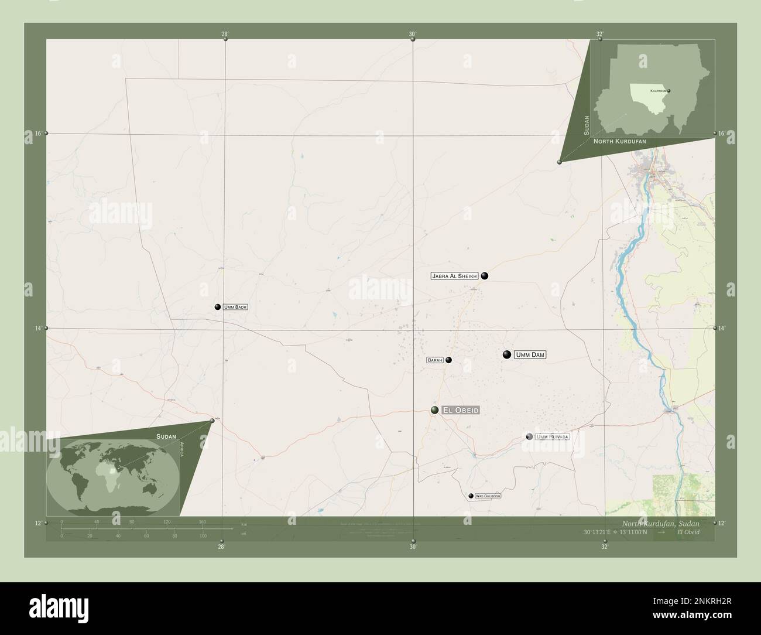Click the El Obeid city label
pyautogui.click(x=461, y=411)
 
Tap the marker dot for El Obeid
pyautogui.click(x=435, y=410)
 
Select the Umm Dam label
pyautogui.click(x=530, y=354)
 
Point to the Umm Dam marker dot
pyautogui.click(x=507, y=354)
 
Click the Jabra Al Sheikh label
pyautogui.click(x=455, y=276)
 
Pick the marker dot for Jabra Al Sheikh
pyautogui.click(x=485, y=276)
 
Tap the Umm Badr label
pyautogui.click(x=235, y=307)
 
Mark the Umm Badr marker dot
pyautogui.click(x=218, y=307)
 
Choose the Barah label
pyautogui.click(x=434, y=360)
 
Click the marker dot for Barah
pyautogui.click(x=448, y=360)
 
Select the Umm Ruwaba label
pyautogui.click(x=552, y=436)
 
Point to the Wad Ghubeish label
pyautogui.click(x=488, y=496)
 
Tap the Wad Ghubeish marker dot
pyautogui.click(x=471, y=496)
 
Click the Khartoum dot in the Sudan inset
pyautogui.click(x=669, y=91)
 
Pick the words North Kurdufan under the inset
pyautogui.click(x=619, y=142)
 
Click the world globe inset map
pyautogui.click(x=112, y=476)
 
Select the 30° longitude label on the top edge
pyautogui.click(x=412, y=34)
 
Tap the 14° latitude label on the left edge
pyautogui.click(x=37, y=329)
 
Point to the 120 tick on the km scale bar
pyautogui.click(x=167, y=521)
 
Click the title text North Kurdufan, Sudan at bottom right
pyautogui.click(x=660, y=523)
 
